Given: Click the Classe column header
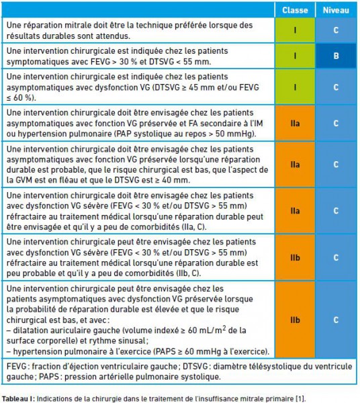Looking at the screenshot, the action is click(295, 10).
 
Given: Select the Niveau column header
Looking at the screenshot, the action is click(336, 10).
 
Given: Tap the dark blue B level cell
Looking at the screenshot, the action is click(336, 56).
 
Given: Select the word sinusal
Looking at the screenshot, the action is click(133, 341).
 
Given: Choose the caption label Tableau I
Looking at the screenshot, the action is click(17, 398).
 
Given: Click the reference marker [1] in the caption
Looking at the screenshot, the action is click(300, 398).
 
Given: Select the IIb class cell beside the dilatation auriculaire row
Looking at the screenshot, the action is click(295, 320).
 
